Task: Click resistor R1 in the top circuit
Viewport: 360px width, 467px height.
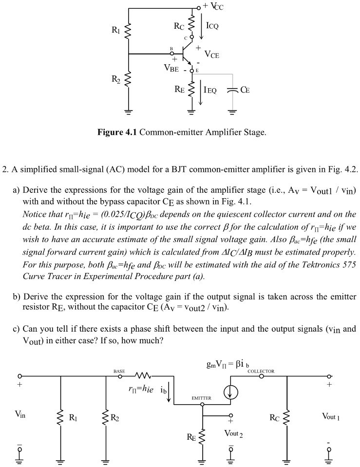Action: (129, 32)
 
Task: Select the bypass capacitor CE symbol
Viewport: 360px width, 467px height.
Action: (233, 90)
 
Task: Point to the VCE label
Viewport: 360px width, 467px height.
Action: (211, 55)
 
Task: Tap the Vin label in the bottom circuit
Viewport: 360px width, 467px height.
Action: (20, 414)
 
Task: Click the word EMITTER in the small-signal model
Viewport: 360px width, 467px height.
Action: (201, 398)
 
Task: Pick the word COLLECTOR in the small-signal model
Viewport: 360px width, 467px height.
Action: (261, 371)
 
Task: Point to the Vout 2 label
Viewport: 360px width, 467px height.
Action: (233, 433)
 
